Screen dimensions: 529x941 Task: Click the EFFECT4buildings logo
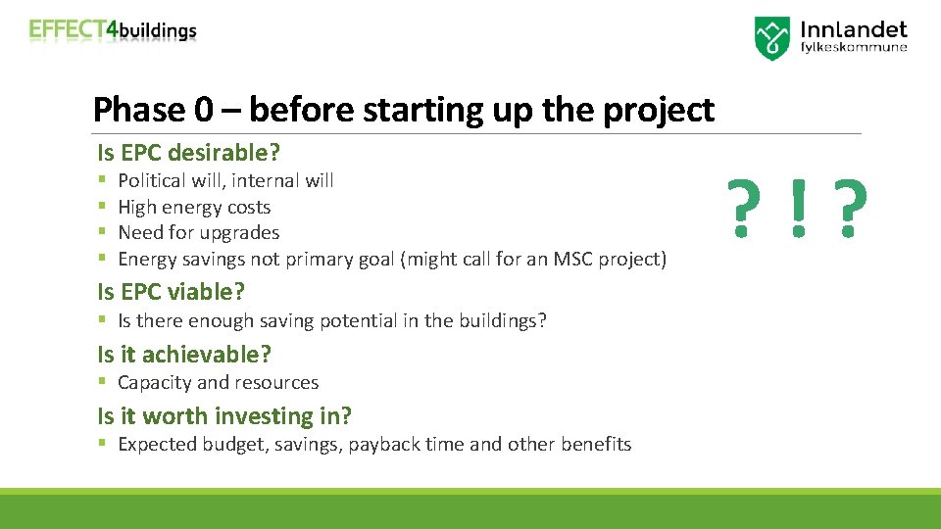coord(113,30)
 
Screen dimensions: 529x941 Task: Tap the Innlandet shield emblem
coord(772,38)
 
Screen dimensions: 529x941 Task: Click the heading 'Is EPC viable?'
coord(171,292)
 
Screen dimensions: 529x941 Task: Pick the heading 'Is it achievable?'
coord(184,354)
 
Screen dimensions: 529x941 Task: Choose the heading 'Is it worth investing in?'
coord(223,415)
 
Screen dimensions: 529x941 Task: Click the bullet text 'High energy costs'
coord(194,207)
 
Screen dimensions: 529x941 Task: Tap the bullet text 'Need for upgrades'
coord(198,232)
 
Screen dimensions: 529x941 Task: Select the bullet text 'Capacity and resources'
coord(218,382)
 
